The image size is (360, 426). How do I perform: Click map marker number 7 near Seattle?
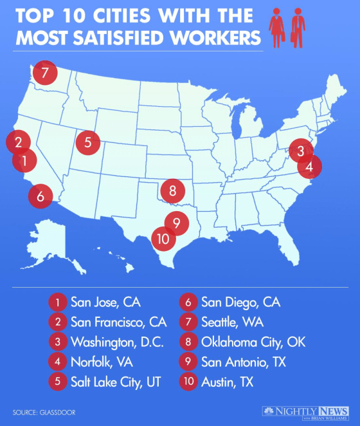(44, 73)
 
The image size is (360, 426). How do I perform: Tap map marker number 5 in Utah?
(88, 142)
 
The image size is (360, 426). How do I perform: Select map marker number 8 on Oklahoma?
(173, 190)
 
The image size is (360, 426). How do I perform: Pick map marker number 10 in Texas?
(163, 239)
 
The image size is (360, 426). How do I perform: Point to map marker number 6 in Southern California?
(40, 196)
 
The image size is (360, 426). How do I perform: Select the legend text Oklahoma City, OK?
(253, 341)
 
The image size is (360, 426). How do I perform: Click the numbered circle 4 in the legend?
(58, 361)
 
